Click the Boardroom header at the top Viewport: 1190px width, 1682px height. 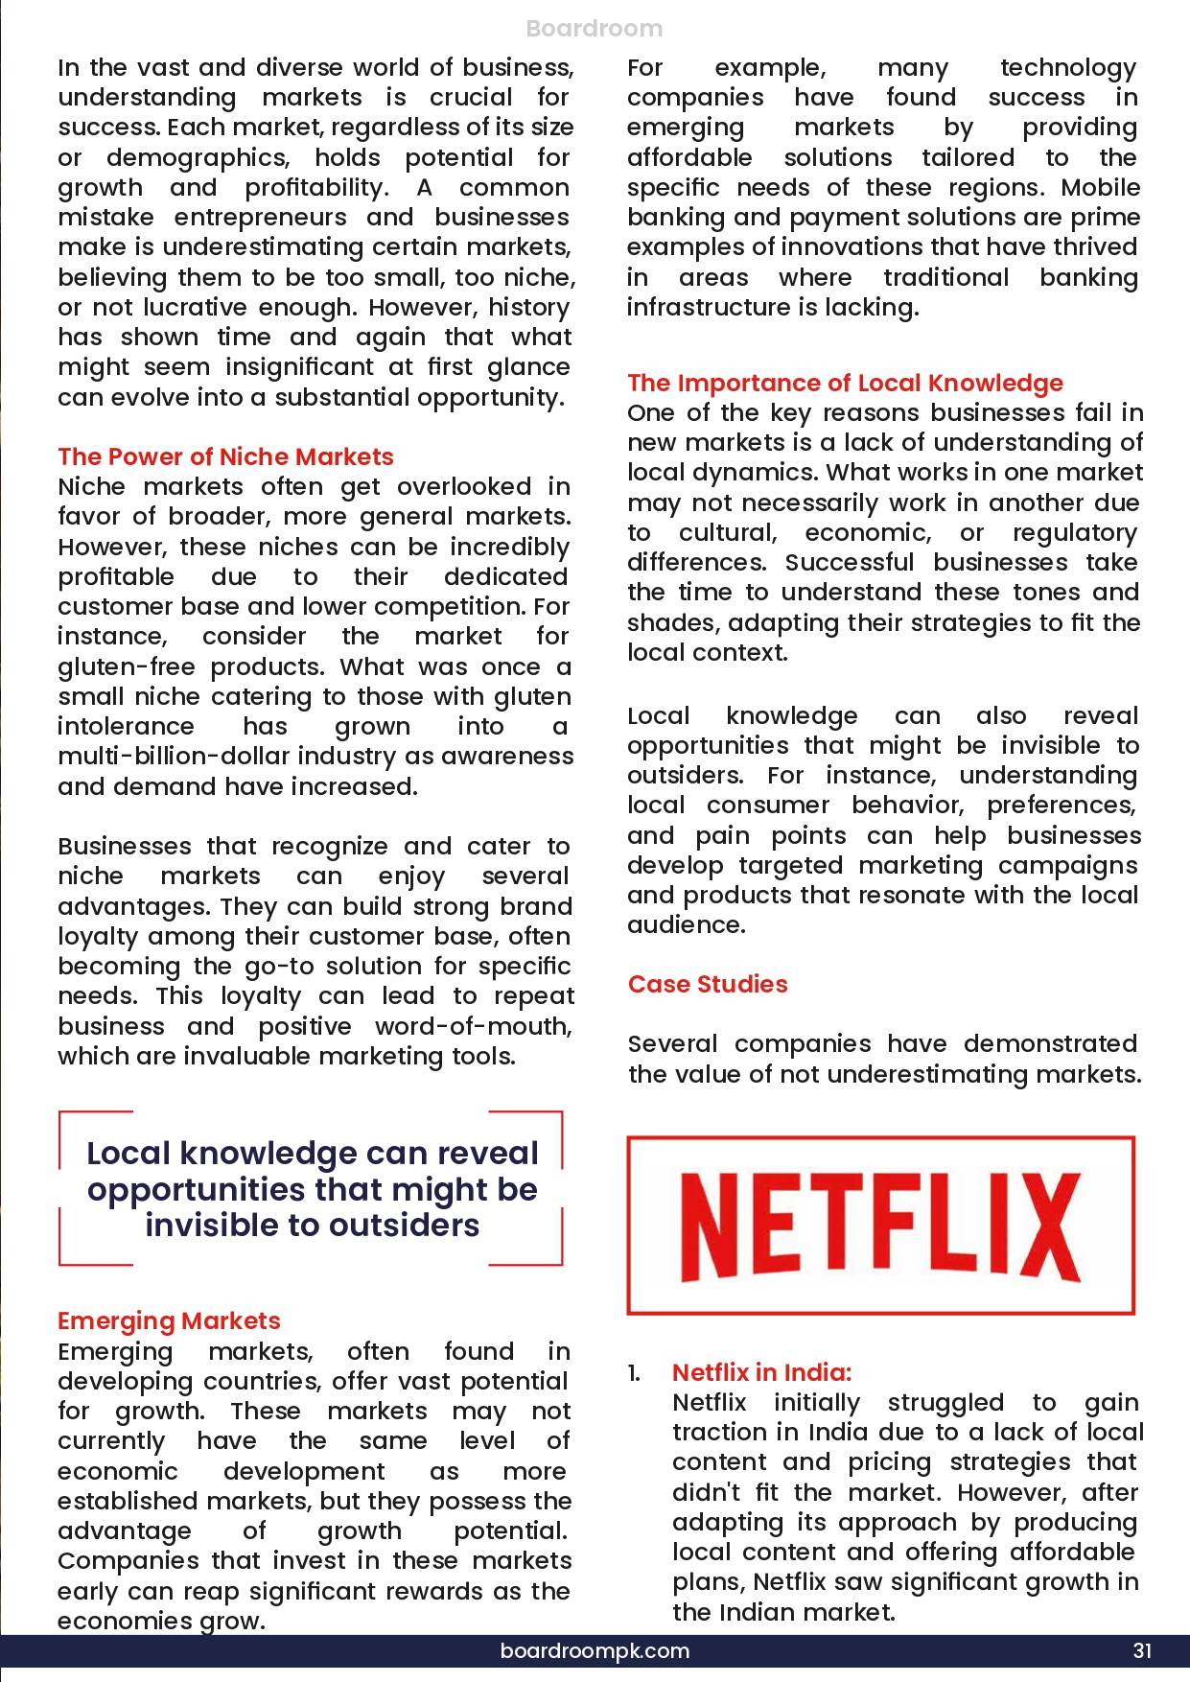click(594, 29)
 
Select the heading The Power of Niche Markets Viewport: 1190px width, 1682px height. click(225, 456)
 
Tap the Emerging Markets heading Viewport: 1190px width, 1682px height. click(169, 1320)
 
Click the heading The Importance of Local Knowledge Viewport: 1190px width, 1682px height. click(845, 383)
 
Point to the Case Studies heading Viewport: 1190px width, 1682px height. click(708, 984)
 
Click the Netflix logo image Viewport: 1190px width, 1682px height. click(880, 1226)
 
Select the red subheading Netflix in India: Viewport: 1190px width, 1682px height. click(761, 1372)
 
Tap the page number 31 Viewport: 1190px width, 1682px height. click(1142, 1650)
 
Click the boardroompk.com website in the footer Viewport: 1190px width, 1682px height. click(595, 1650)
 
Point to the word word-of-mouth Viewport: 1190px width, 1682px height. click(473, 1026)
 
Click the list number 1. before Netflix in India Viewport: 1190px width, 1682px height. click(634, 1373)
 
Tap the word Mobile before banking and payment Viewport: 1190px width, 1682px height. click(1101, 187)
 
